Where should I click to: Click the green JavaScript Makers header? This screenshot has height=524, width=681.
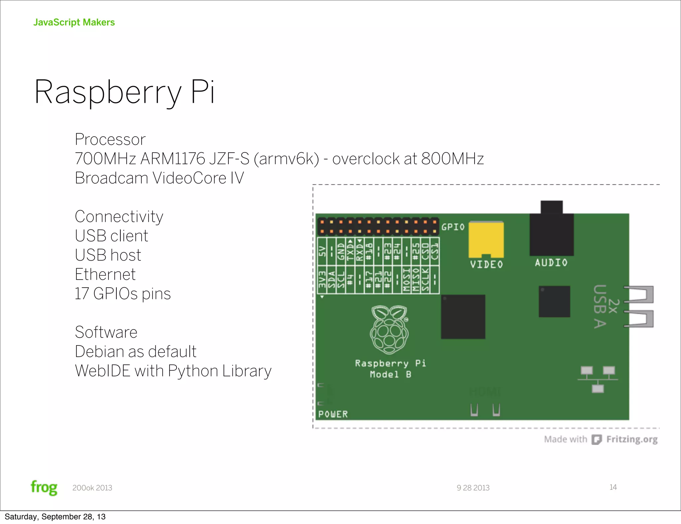[x=74, y=22]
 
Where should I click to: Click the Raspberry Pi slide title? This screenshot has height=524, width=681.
[x=124, y=92]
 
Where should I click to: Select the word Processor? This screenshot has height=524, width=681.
[x=110, y=139]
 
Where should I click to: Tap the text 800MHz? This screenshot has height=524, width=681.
[x=452, y=159]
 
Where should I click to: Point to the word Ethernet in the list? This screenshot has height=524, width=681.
[x=105, y=275]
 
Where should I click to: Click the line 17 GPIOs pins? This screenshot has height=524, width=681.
[x=122, y=294]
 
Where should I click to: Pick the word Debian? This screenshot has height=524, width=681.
[x=99, y=352]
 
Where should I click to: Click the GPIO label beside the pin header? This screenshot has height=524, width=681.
[x=453, y=227]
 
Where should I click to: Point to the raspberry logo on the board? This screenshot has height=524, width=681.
[x=389, y=329]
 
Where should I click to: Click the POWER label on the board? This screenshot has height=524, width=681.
[x=333, y=414]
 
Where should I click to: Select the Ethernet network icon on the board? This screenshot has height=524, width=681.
[x=598, y=379]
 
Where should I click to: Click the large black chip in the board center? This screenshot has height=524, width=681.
[x=463, y=317]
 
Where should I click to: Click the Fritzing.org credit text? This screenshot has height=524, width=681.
[x=631, y=440]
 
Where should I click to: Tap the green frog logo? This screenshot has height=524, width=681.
[x=44, y=488]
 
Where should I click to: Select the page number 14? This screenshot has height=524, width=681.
[x=613, y=487]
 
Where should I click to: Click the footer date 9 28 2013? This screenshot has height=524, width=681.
[x=473, y=488]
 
